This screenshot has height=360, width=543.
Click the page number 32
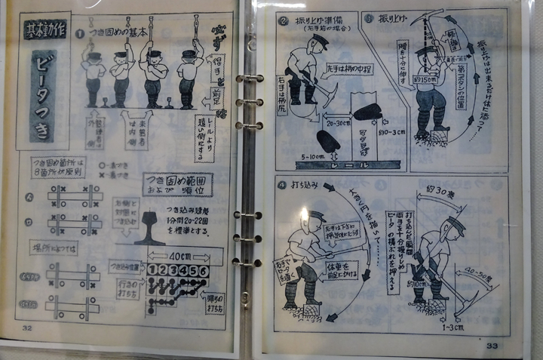27,328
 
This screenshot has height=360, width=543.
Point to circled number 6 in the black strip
203,270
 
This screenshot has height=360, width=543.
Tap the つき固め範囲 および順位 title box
178,184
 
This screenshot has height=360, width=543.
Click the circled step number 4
281,183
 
